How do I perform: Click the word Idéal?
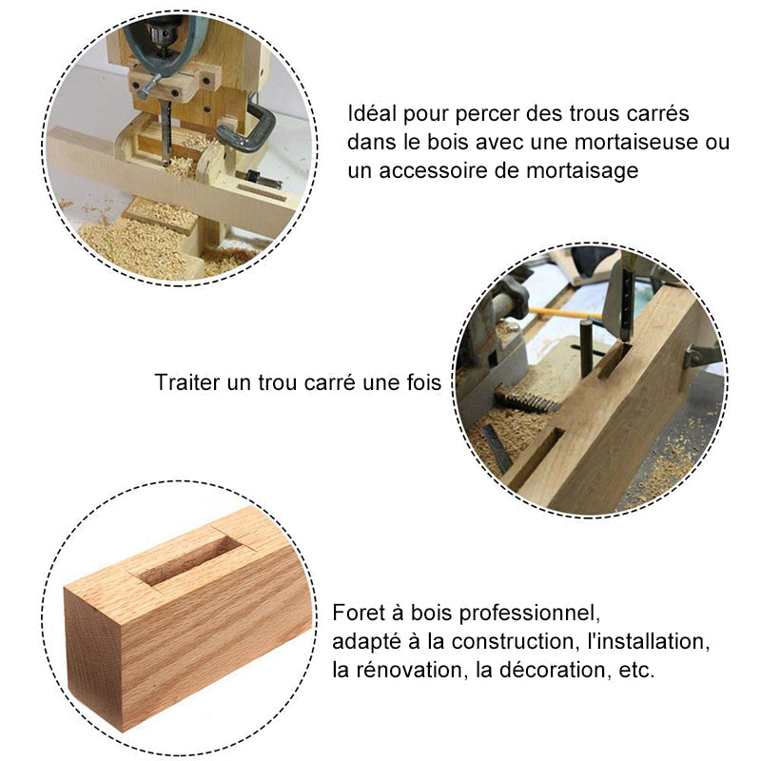click(372, 113)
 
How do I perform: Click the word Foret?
click(359, 613)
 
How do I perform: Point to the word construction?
click(514, 641)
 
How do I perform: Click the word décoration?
click(554, 671)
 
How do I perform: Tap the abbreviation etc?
click(636, 671)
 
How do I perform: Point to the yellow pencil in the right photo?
click(565, 313)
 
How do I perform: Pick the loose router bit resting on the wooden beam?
click(259, 179)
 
